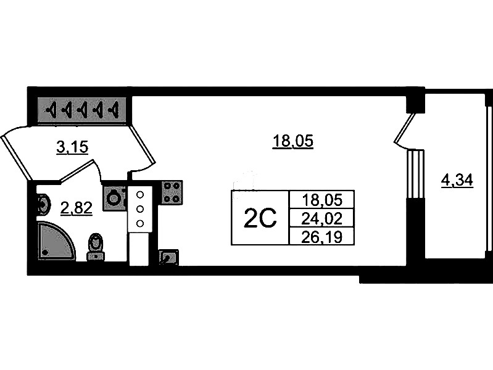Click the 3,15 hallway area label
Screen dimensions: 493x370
(72, 147)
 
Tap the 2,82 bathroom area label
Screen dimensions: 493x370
(77, 208)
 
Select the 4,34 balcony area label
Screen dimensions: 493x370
(457, 181)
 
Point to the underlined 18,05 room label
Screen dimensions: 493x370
(292, 141)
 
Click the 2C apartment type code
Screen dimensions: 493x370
(260, 218)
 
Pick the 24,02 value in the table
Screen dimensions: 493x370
(321, 218)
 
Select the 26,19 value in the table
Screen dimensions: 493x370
(321, 237)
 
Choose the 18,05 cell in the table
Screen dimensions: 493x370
(321, 200)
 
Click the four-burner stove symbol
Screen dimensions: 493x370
(172, 192)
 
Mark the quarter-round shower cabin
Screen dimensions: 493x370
(57, 241)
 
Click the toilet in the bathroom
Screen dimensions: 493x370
(96, 247)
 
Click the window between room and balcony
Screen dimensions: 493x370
(416, 175)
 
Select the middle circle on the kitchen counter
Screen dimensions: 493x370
(140, 208)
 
